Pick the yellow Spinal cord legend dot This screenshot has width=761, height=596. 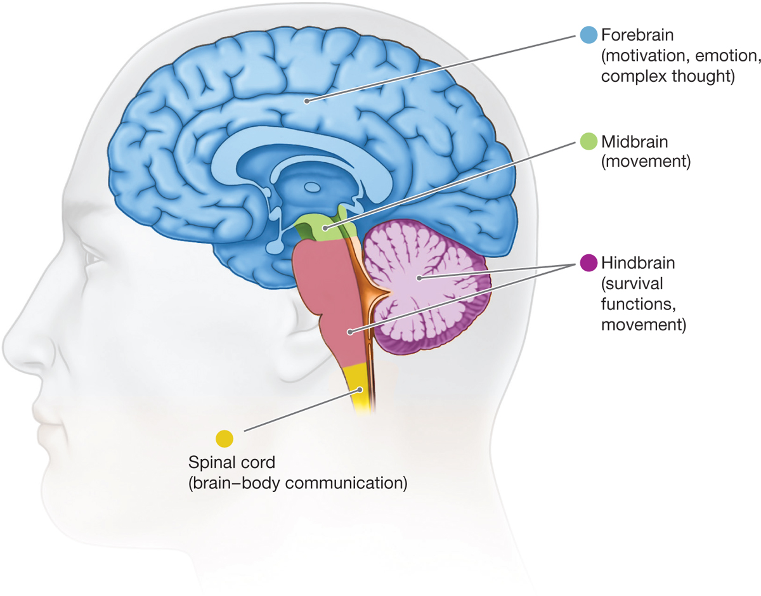coord(225,437)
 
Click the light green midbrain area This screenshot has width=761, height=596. coord(320,225)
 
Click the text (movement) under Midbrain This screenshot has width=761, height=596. coord(644,162)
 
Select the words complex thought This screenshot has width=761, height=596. coord(667,77)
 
